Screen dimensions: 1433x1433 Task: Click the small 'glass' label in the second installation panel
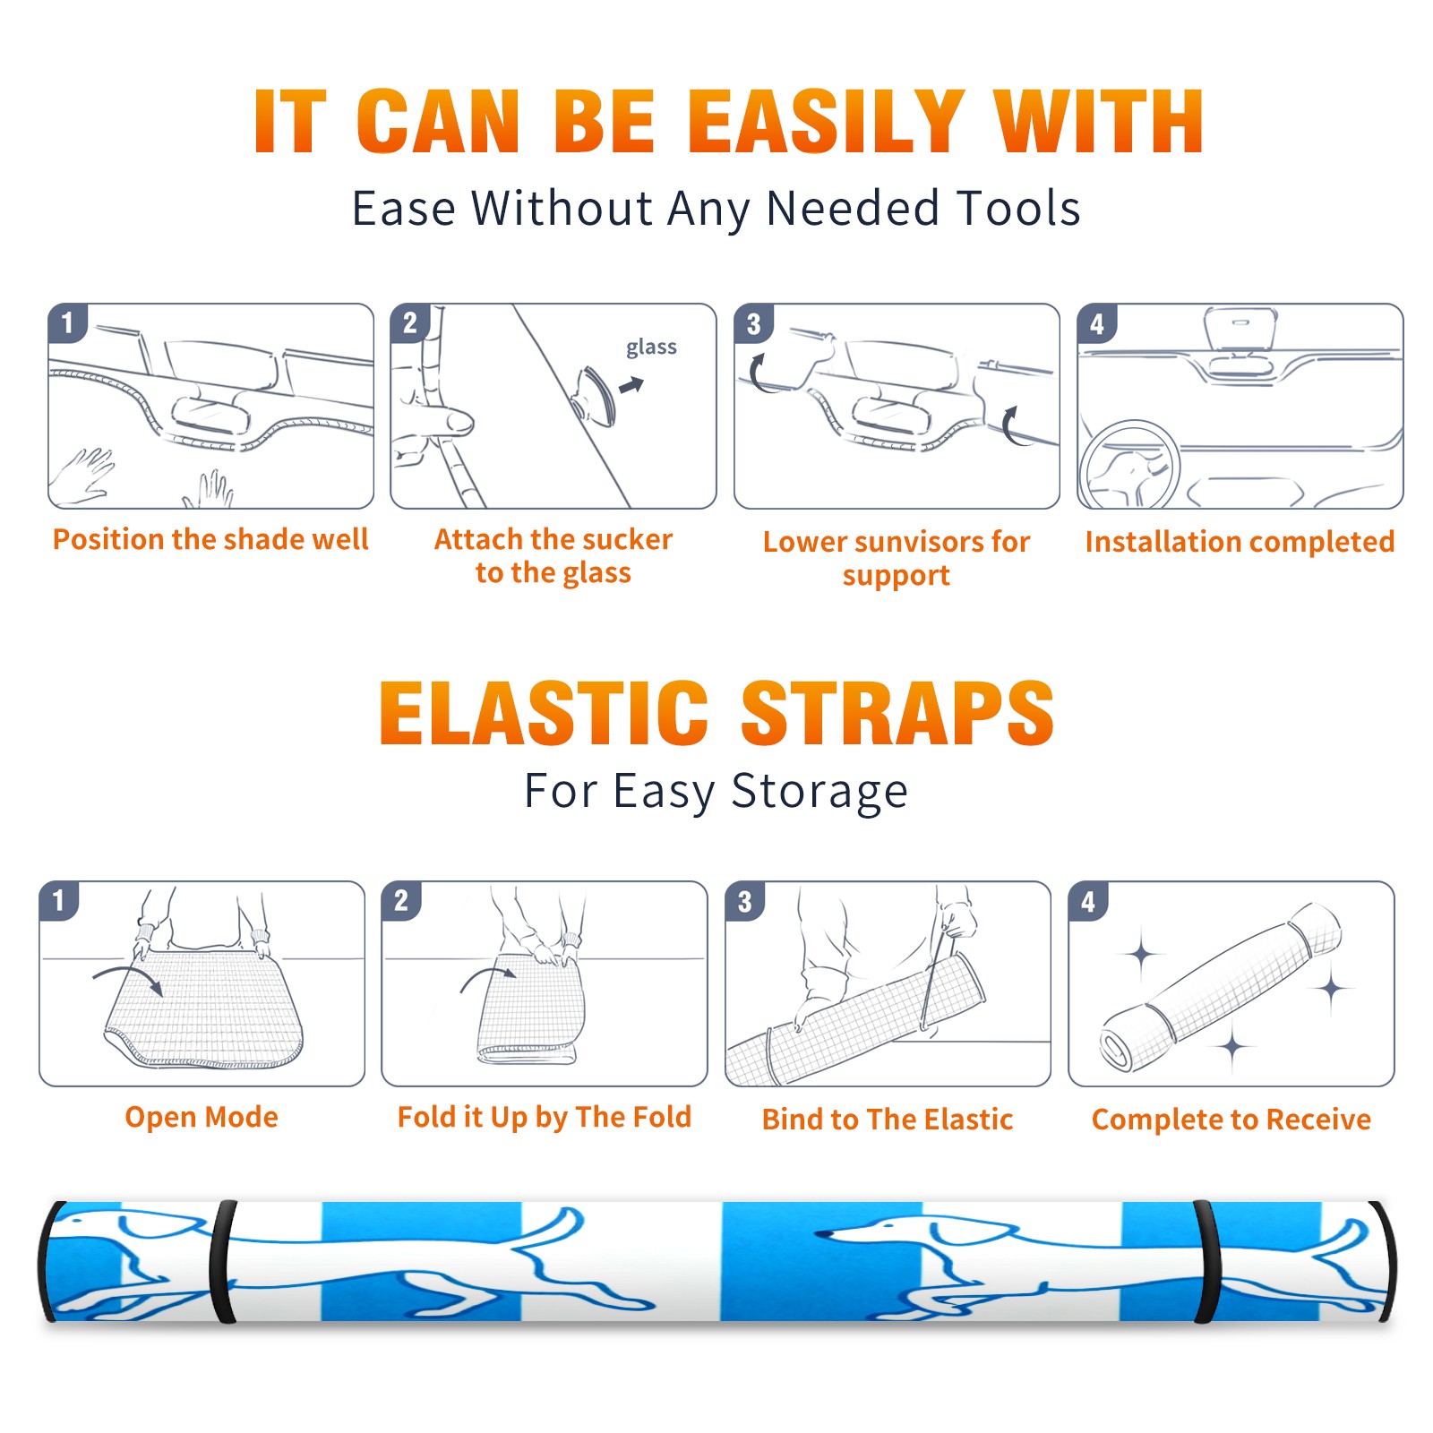click(651, 348)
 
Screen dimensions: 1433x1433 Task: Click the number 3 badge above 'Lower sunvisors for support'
click(753, 324)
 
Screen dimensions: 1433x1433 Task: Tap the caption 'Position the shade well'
click(210, 539)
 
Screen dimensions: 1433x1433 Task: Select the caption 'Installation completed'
click(1240, 542)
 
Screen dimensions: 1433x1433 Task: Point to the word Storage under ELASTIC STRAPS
click(819, 792)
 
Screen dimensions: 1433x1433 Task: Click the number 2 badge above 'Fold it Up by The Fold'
click(401, 901)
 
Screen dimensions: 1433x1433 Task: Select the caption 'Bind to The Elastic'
click(888, 1120)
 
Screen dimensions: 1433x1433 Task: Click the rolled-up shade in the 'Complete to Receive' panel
click(1221, 988)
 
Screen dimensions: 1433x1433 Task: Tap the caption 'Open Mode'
click(202, 1117)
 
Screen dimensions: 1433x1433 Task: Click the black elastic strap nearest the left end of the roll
click(223, 1262)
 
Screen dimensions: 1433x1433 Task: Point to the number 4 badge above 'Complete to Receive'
click(1088, 901)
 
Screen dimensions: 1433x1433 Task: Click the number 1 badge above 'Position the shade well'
click(67, 322)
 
